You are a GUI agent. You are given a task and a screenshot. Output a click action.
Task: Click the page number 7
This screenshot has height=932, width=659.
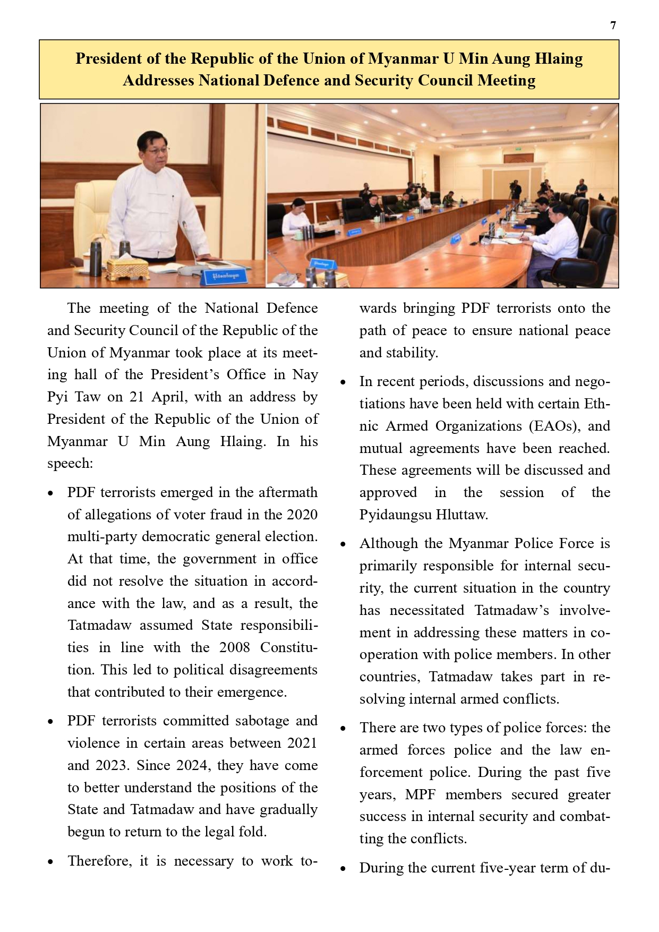613,25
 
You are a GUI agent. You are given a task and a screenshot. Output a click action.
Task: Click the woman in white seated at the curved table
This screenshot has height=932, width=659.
296,217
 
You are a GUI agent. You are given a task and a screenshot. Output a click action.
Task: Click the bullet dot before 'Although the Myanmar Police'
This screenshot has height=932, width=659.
344,545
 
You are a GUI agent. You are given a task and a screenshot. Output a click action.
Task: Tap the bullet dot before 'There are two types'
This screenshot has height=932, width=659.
344,729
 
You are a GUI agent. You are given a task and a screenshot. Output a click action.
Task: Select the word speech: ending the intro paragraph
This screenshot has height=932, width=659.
70,464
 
